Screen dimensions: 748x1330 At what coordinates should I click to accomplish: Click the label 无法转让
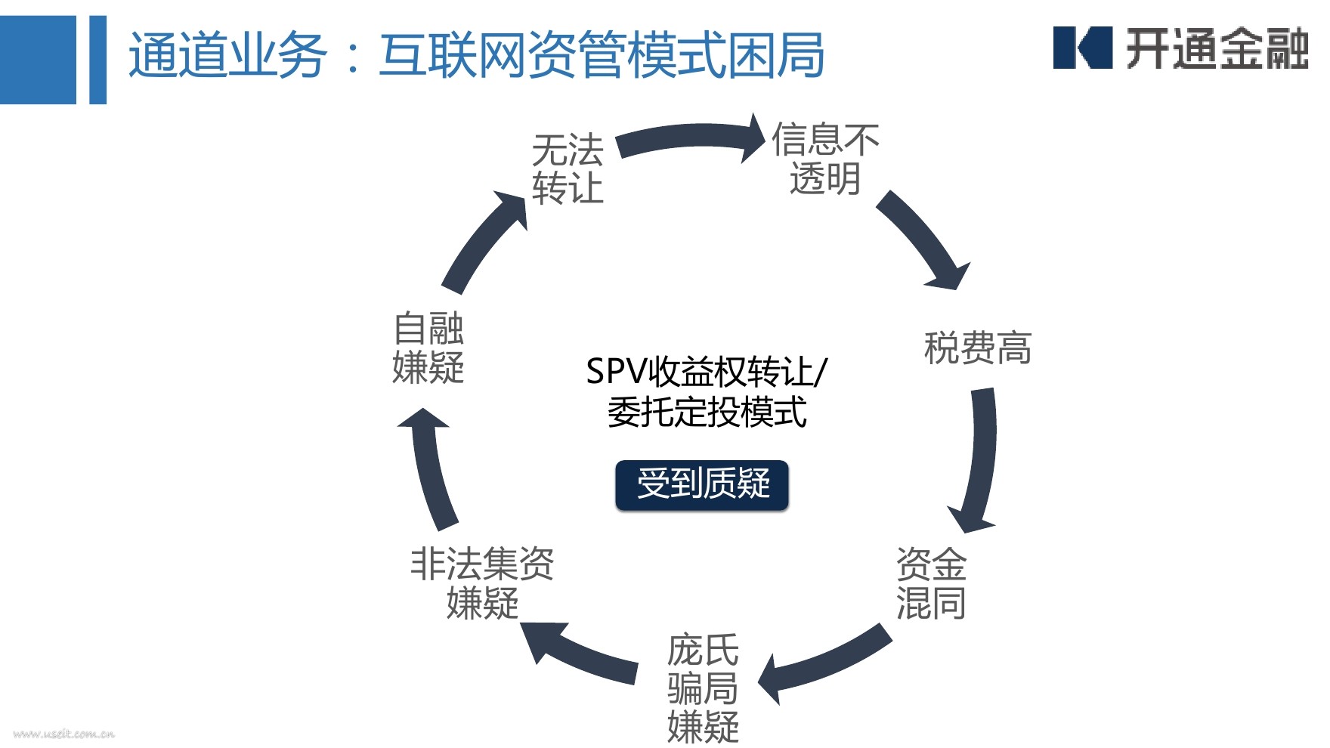[568, 168]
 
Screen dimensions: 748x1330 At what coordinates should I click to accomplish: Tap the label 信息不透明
[825, 159]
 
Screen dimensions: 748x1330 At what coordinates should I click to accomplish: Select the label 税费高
[977, 348]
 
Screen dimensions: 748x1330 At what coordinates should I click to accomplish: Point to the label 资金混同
[931, 583]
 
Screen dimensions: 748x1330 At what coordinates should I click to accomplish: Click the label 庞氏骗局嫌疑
[703, 688]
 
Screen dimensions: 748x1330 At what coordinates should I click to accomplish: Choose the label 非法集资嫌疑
[482, 583]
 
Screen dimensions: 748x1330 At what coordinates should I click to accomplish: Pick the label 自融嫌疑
[428, 348]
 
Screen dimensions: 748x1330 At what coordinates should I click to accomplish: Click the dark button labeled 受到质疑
[702, 484]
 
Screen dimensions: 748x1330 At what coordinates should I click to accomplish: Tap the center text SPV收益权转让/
[707, 372]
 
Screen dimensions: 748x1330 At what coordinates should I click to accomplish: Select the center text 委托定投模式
[707, 413]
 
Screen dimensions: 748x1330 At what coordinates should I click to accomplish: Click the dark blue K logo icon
[1082, 48]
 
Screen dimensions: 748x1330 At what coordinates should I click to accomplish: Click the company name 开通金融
[1217, 49]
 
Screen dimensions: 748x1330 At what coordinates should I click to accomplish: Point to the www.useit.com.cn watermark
[63, 733]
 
